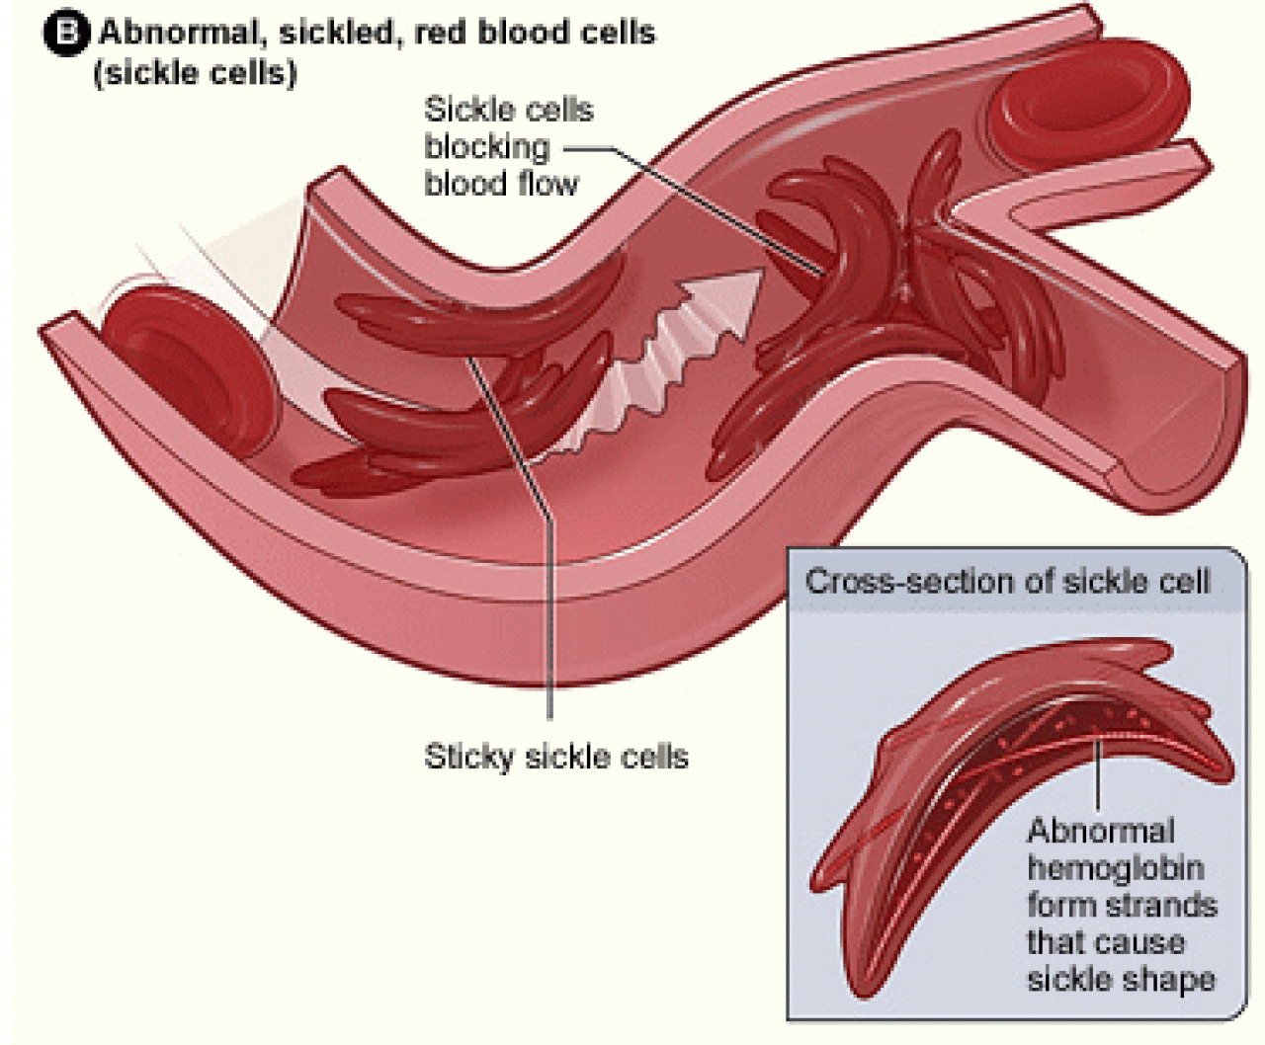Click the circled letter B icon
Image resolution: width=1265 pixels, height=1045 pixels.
pyautogui.click(x=66, y=34)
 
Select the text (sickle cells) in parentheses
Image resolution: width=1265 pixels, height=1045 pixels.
pyautogui.click(x=195, y=73)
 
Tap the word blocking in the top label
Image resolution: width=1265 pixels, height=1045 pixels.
pyautogui.click(x=486, y=147)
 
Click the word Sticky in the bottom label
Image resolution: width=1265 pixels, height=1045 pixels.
pyautogui.click(x=469, y=757)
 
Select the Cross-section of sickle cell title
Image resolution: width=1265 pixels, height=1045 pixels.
pyautogui.click(x=1006, y=581)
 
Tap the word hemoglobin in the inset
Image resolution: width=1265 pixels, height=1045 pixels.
pyautogui.click(x=1115, y=868)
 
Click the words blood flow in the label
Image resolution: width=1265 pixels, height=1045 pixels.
pyautogui.click(x=501, y=184)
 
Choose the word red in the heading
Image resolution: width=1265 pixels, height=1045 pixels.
pyautogui.click(x=438, y=34)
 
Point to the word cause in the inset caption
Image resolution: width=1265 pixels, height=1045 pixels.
pyautogui.click(x=1143, y=942)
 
